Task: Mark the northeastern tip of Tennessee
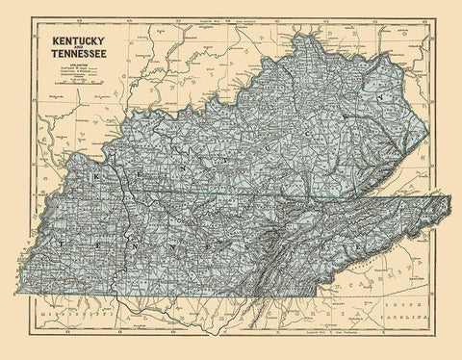tap(449, 196)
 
